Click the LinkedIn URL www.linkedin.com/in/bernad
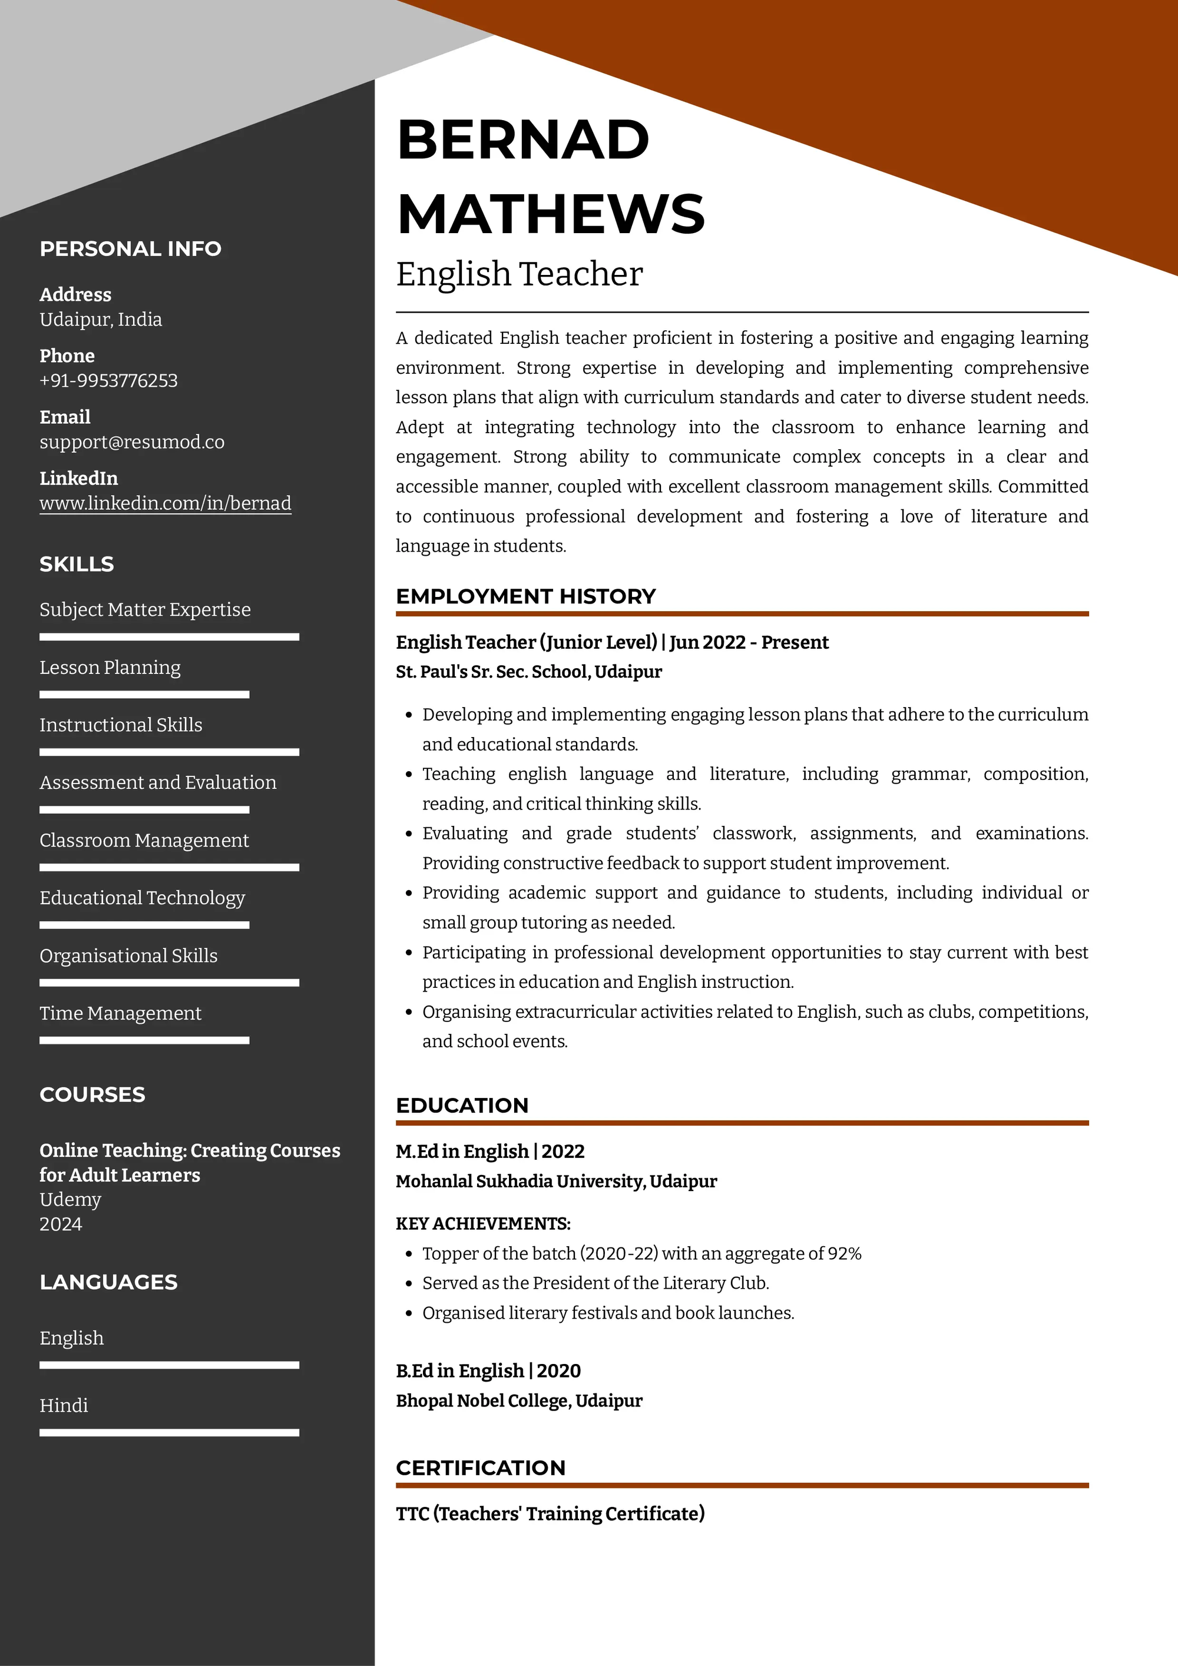pos(166,503)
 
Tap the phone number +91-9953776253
pos(109,380)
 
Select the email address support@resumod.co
pos(132,442)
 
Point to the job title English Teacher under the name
pos(519,274)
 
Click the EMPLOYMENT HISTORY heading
pos(525,596)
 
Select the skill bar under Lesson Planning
pos(144,695)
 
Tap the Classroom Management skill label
pos(144,840)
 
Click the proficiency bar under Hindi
pos(169,1432)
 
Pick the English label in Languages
pos(72,1338)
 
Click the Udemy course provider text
pos(71,1199)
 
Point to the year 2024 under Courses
pos(61,1224)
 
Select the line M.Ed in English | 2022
pos(490,1151)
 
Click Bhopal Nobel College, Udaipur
pos(519,1400)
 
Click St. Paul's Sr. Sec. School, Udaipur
pos(528,672)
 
